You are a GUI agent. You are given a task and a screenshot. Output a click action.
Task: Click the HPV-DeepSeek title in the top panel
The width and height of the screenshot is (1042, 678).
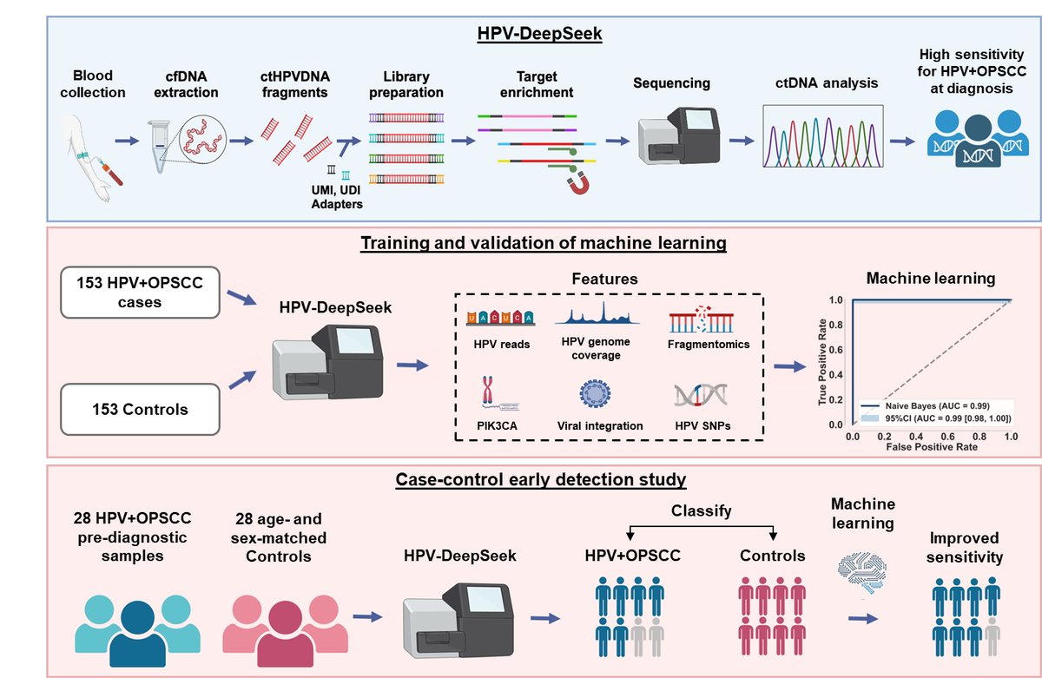[539, 34]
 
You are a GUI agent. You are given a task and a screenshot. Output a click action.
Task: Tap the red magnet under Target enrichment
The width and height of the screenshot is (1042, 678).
[578, 183]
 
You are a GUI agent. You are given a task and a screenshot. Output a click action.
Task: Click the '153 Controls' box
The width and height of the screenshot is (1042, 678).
[140, 409]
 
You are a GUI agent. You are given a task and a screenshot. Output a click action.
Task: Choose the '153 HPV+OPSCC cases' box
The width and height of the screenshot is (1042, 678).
[140, 293]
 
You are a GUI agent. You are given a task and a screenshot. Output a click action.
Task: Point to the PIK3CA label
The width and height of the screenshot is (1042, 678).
[497, 425]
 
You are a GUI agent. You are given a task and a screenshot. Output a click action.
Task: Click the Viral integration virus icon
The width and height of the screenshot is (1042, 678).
[595, 394]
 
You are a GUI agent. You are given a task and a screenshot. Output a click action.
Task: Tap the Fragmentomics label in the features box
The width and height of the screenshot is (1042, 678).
[709, 344]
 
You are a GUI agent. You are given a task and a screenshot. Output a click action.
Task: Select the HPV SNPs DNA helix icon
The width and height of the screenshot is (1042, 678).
[701, 395]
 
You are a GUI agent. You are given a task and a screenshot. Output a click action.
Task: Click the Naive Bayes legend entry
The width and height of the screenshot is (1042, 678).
[926, 406]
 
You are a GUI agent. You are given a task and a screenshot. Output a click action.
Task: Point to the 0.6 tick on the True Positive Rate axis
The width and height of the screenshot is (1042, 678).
[836, 350]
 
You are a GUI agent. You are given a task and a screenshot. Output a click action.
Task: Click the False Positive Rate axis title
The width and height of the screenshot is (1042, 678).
[932, 447]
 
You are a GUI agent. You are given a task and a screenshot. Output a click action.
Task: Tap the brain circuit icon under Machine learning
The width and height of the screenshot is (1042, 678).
[862, 573]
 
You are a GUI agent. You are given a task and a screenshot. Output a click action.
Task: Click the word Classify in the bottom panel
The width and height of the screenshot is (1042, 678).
[701, 510]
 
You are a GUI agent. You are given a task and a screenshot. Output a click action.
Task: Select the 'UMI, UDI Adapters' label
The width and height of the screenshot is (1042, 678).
[337, 197]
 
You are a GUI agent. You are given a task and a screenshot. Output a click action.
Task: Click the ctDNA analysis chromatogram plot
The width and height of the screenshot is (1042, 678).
[823, 135]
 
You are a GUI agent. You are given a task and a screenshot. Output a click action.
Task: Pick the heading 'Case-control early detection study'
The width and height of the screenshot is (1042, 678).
[540, 479]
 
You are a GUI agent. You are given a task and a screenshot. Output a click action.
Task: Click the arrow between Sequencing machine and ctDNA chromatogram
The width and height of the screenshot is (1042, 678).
[742, 141]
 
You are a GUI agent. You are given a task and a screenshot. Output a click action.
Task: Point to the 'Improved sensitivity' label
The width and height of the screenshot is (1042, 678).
[965, 547]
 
